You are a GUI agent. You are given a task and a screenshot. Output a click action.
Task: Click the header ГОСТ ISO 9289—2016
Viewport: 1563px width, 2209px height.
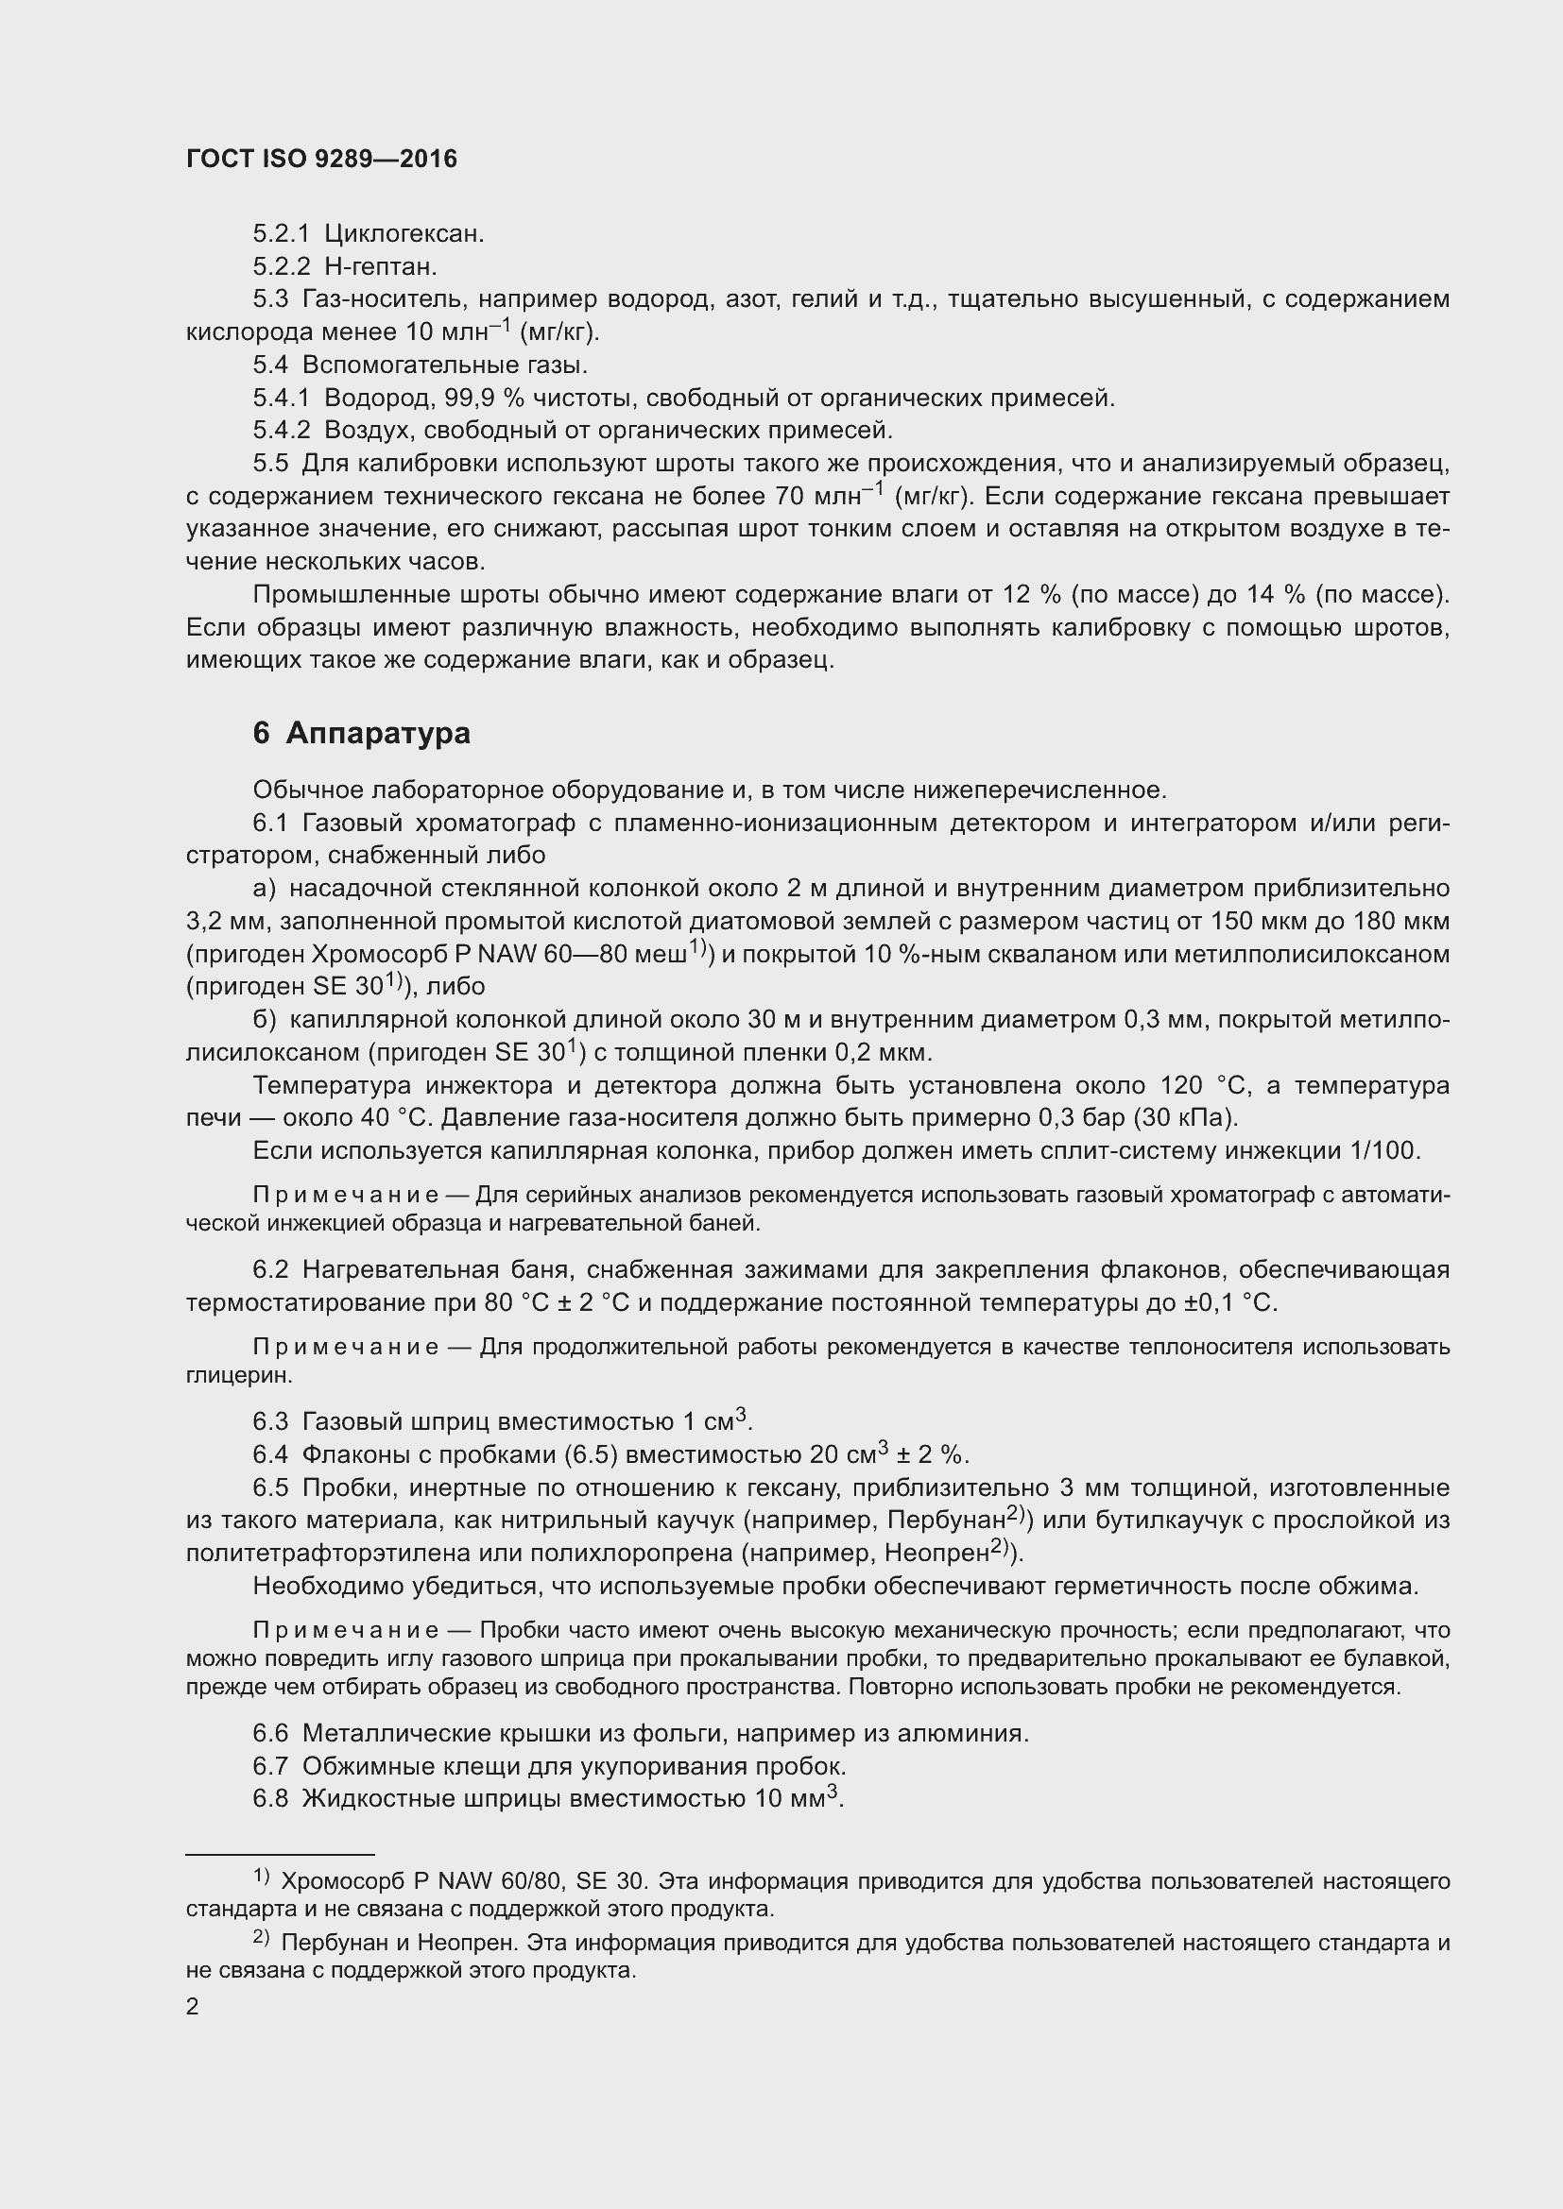click(321, 160)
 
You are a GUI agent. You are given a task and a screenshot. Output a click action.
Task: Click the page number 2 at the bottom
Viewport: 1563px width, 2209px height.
click(193, 2007)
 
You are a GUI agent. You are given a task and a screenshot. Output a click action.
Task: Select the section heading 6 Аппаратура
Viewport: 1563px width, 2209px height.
click(362, 734)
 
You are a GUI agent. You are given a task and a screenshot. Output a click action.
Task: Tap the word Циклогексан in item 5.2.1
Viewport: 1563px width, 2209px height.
click(404, 234)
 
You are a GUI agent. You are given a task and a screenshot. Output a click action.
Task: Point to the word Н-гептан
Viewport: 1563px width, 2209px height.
click(380, 266)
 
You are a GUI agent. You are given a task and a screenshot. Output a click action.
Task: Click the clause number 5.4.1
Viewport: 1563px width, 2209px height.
click(281, 398)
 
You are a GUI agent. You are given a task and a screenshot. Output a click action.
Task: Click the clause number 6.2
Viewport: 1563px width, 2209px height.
click(270, 1270)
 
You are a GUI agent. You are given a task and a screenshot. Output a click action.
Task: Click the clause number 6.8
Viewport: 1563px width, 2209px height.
click(270, 1798)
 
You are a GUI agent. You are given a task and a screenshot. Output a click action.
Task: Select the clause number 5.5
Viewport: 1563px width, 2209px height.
click(270, 464)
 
